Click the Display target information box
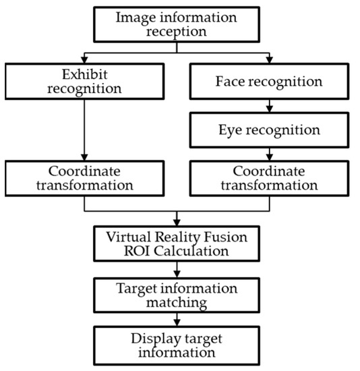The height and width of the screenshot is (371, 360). tap(176, 345)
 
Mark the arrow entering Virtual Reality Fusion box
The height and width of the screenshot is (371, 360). tap(176, 219)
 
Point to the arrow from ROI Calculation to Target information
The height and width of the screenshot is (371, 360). tap(176, 270)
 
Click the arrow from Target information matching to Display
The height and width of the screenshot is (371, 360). tap(176, 321)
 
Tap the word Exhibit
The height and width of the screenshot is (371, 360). tap(84, 74)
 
